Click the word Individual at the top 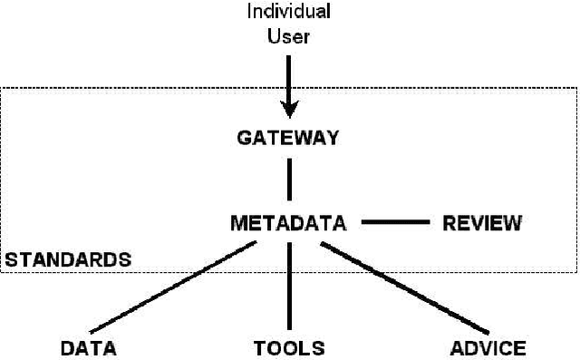tap(288, 12)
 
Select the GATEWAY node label tap(288, 139)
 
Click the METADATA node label tap(289, 222)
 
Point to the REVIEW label tap(482, 222)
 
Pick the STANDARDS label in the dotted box tap(67, 259)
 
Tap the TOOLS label tap(288, 347)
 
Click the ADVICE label tap(488, 347)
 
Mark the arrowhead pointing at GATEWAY tap(289, 110)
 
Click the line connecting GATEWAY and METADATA tap(289, 179)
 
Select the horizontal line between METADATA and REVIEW tap(395, 221)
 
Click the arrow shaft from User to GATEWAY tap(289, 77)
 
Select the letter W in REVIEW tap(513, 222)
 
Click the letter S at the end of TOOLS tap(318, 347)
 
